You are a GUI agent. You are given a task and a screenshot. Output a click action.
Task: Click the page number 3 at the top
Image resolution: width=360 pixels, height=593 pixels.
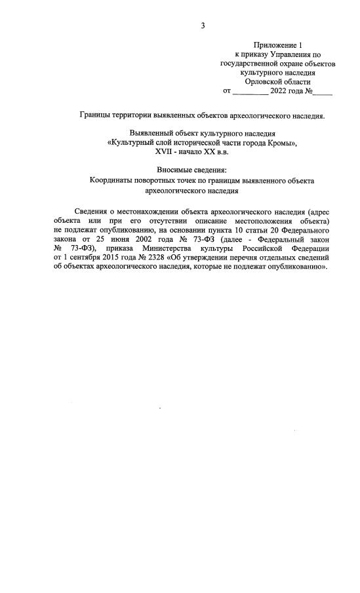tap(203, 26)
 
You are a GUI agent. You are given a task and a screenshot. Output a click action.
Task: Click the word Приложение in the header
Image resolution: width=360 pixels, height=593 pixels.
tap(275, 44)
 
